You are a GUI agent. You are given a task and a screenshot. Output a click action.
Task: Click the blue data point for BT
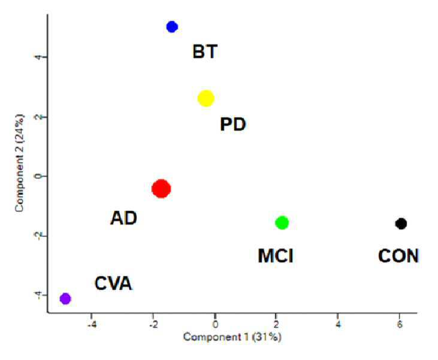point(172,27)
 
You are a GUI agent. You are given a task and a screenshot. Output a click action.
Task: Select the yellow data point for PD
point(206,98)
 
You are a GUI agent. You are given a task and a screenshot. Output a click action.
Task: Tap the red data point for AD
point(161,189)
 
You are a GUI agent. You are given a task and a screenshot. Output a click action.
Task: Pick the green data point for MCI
point(282,223)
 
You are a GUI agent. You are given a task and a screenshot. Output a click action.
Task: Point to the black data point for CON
point(401,223)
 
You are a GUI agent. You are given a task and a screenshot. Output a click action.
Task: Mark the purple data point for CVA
point(65,298)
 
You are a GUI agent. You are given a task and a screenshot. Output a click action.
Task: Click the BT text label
point(205,52)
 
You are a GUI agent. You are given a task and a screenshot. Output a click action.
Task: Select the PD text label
point(233,124)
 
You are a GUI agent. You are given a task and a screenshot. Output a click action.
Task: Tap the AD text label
point(124,218)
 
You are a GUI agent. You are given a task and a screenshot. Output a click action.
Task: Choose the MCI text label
point(276,256)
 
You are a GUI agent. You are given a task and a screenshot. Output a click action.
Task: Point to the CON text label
point(398,256)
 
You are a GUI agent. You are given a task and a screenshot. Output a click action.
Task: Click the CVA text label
point(113,283)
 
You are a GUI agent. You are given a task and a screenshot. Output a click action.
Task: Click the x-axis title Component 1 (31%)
point(232,337)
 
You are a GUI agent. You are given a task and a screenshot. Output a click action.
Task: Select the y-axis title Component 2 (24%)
point(20,163)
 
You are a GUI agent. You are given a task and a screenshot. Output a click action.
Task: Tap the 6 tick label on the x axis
point(400,324)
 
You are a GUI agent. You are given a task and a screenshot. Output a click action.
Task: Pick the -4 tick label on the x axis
point(92,325)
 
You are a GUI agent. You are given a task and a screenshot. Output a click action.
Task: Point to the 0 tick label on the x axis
point(215,324)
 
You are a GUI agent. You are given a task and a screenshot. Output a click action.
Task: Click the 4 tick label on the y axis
point(38,57)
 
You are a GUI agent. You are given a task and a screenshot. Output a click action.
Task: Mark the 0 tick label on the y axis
point(38,176)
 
